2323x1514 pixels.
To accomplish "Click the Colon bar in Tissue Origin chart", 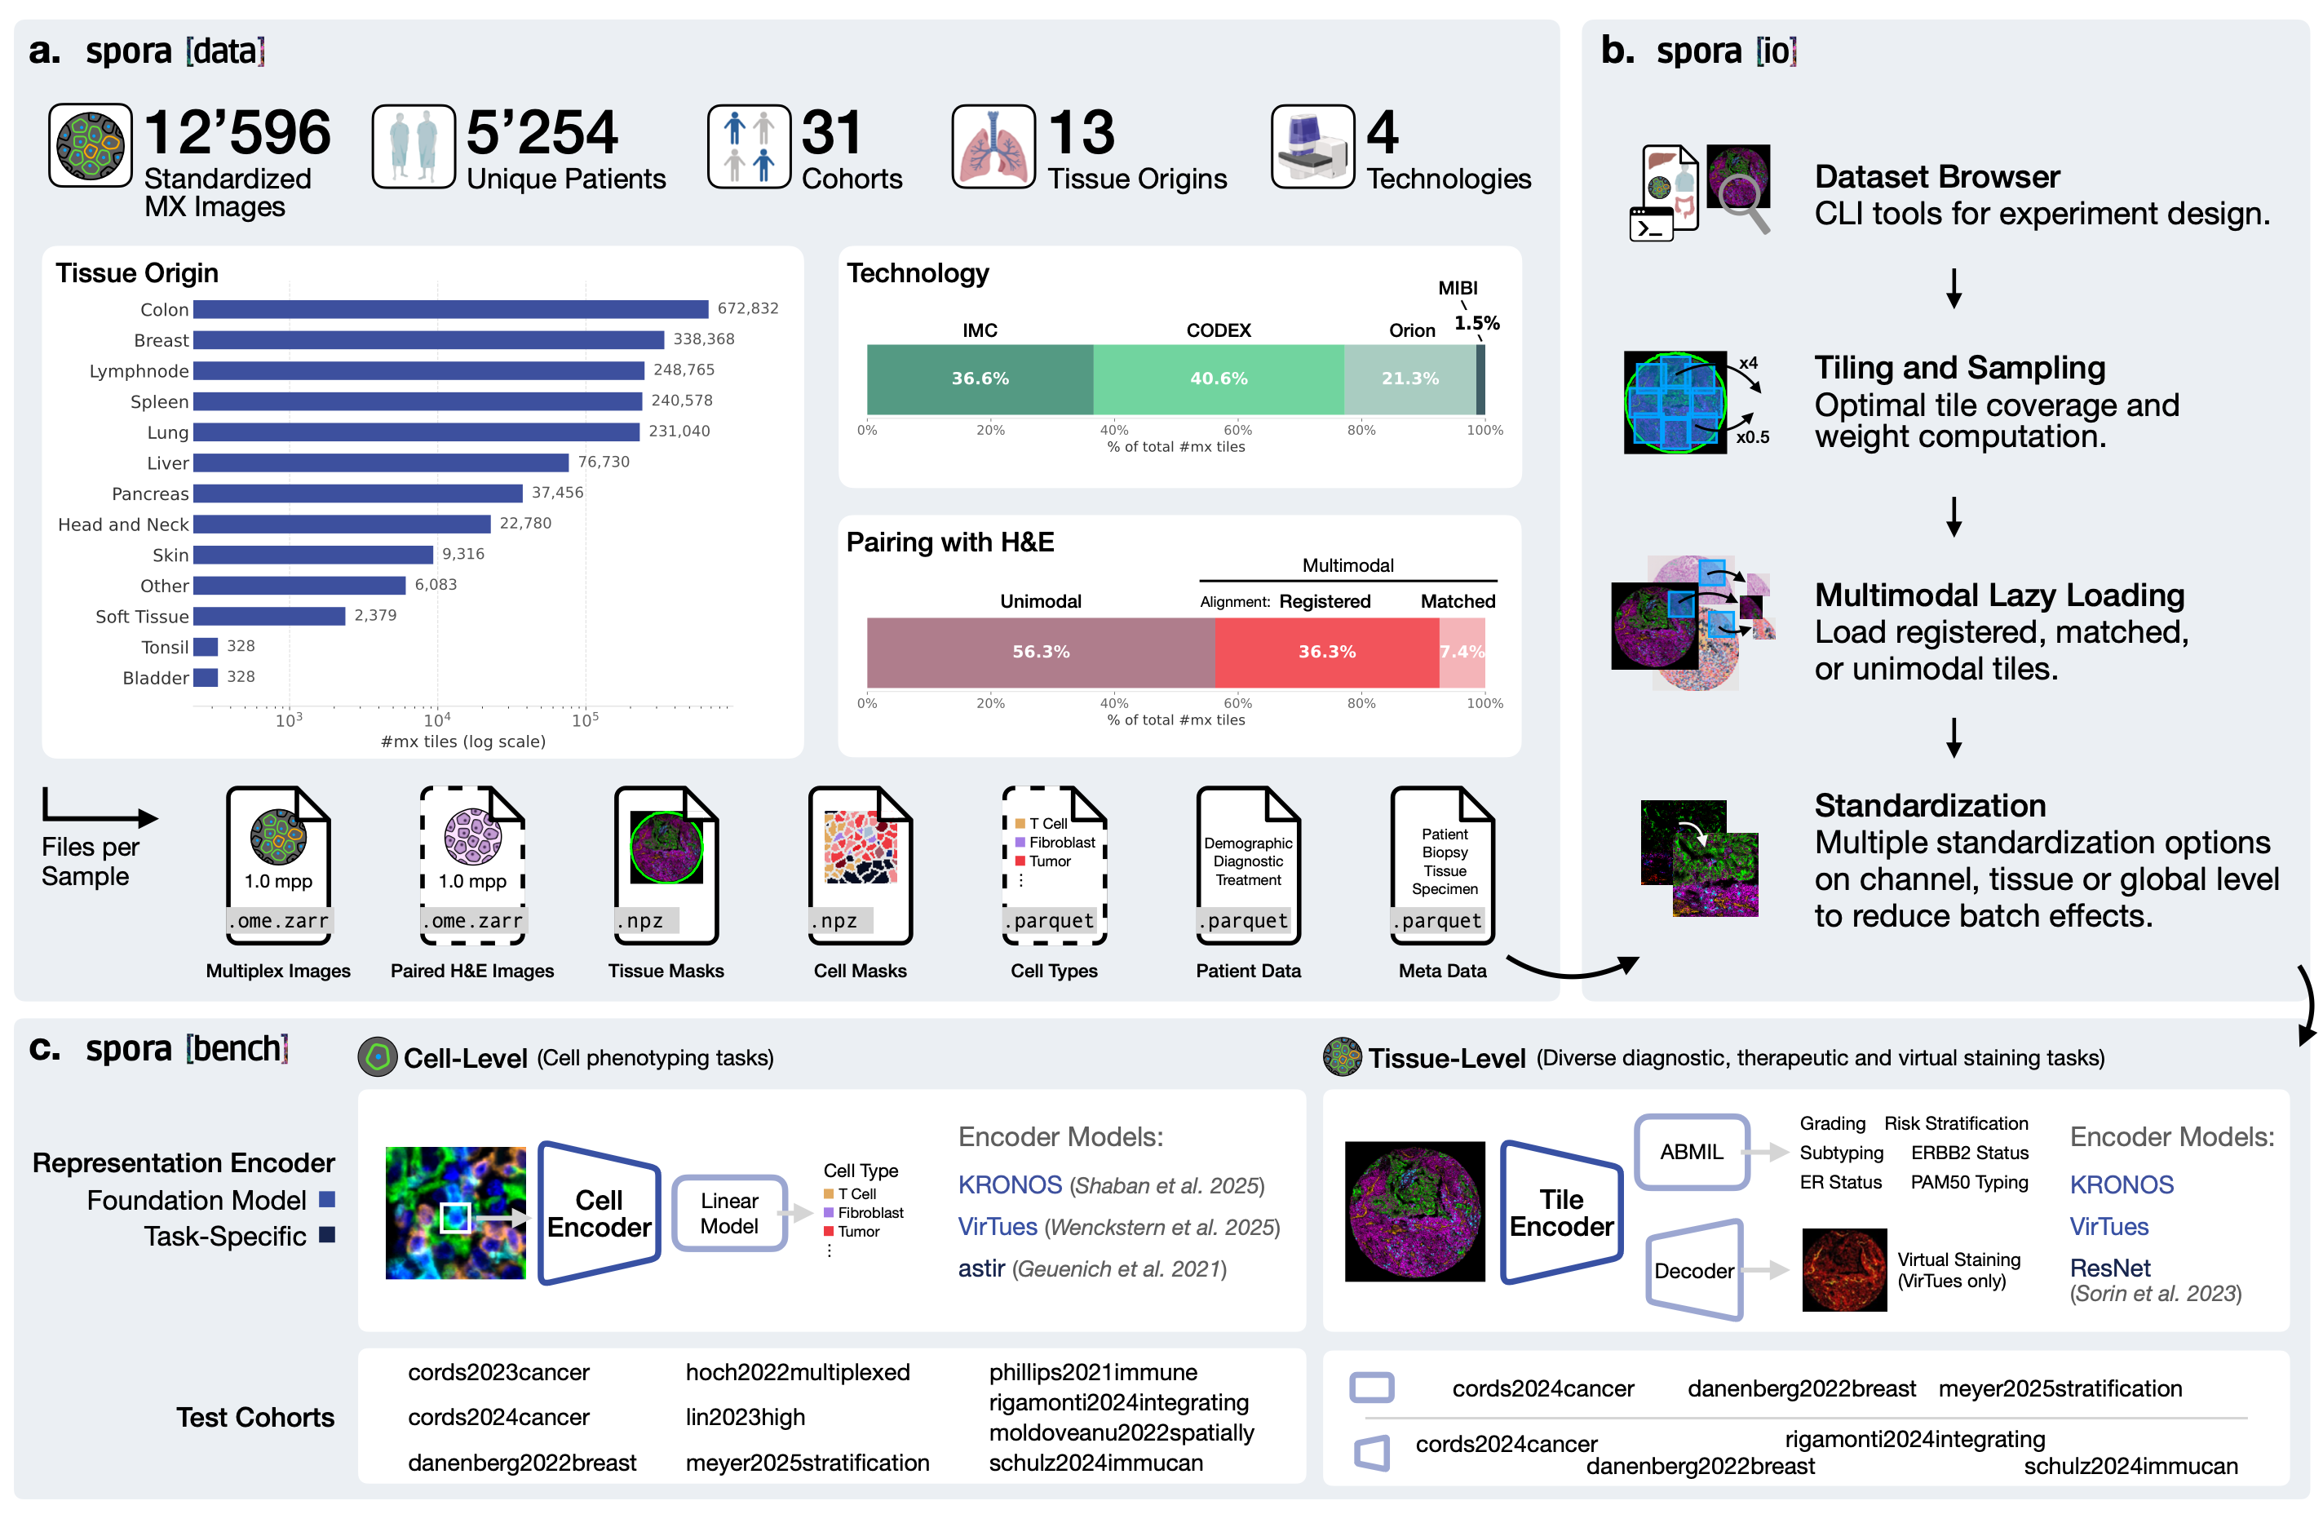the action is [451, 309].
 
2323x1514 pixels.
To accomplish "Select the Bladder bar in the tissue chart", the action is [205, 677].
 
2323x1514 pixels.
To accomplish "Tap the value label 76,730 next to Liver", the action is [604, 462].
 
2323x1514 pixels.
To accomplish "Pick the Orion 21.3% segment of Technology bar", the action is [1409, 378].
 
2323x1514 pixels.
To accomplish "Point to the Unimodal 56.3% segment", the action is [1041, 652].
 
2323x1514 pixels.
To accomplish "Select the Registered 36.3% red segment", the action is [1326, 652].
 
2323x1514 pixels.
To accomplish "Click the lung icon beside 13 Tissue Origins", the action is [993, 146].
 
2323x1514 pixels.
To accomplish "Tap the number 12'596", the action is [237, 133].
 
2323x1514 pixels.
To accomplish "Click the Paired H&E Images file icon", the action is [472, 865].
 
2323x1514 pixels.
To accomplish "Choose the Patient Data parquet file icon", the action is [1249, 865].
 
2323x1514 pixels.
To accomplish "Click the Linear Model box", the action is [729, 1213].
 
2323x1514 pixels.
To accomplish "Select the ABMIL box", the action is [1692, 1152].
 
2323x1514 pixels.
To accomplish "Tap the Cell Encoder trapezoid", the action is [600, 1213].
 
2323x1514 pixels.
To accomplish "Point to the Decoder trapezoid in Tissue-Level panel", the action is [1694, 1270].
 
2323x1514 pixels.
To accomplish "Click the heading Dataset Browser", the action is [1937, 177].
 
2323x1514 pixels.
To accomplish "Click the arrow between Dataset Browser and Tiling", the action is [1954, 289].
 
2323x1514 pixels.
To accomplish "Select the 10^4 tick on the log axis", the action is [436, 720].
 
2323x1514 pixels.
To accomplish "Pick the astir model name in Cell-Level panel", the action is [981, 1268].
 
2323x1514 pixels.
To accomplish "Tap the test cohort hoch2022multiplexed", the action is [798, 1372].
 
